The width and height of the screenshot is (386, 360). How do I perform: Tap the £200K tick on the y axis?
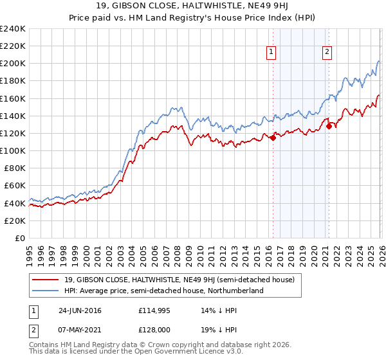(x=12, y=64)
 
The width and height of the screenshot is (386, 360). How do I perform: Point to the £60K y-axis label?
(x=14, y=186)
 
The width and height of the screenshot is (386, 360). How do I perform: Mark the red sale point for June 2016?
(x=273, y=137)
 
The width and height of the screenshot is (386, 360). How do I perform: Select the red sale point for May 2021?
(x=328, y=126)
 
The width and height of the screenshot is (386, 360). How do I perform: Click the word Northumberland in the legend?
(x=240, y=291)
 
